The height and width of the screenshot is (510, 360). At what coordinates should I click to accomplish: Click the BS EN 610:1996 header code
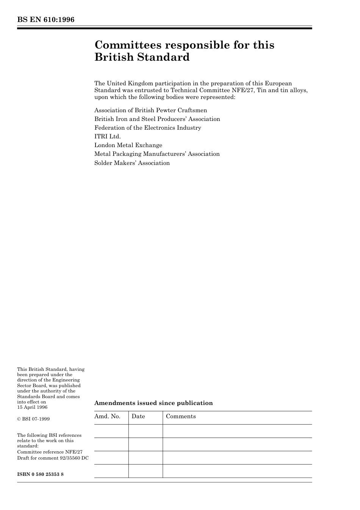[x=46, y=20]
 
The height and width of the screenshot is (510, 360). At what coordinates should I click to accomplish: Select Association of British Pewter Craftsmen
[x=150, y=110]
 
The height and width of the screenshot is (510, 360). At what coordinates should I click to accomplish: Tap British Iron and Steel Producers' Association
[x=157, y=119]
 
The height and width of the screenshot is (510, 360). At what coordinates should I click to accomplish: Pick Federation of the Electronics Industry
[x=147, y=128]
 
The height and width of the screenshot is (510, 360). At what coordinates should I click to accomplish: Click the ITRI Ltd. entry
[x=107, y=137]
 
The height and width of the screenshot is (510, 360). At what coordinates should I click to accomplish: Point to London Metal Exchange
[x=128, y=145]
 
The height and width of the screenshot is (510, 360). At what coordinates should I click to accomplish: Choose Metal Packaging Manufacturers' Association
[x=157, y=154]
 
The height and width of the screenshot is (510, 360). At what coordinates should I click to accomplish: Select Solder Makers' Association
[x=132, y=163]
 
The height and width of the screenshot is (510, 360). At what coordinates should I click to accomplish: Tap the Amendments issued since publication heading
[x=153, y=403]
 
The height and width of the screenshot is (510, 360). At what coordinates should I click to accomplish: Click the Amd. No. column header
[x=107, y=416]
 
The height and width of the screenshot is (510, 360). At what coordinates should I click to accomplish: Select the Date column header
[x=138, y=416]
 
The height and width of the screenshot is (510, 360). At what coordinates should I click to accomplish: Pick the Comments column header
[x=181, y=416]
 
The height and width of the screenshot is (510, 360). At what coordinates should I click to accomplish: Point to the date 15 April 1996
[x=32, y=407]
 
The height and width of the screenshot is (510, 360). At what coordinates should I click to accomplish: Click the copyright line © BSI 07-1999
[x=33, y=419]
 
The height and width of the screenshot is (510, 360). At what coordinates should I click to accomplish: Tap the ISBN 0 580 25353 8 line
[x=40, y=474]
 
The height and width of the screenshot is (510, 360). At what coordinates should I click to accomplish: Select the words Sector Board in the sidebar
[x=31, y=386]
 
